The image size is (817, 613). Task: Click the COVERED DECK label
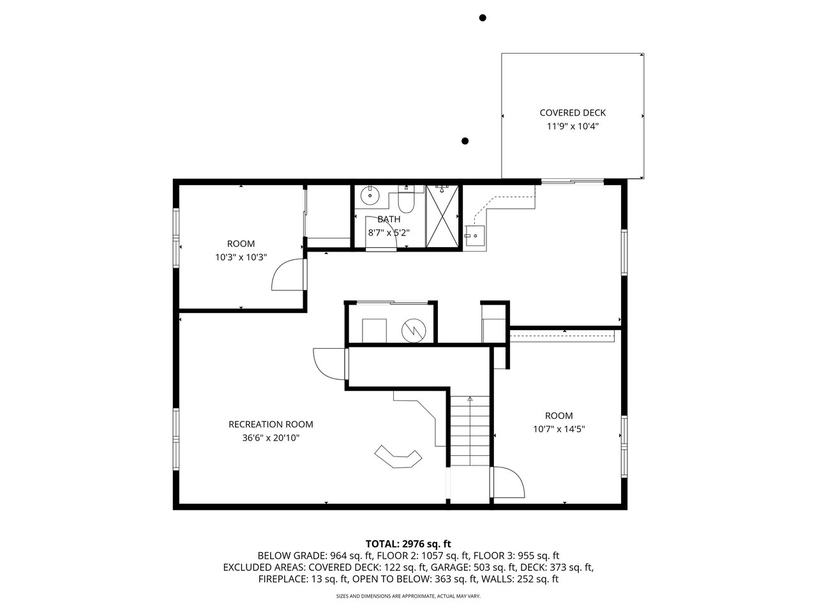click(573, 113)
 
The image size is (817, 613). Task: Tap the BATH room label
click(389, 219)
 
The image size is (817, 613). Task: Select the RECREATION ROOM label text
click(271, 424)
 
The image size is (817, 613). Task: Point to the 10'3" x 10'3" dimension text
click(241, 257)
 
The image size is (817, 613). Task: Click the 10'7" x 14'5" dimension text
click(558, 429)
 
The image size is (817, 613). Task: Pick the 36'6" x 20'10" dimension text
click(271, 437)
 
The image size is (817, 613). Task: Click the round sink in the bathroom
click(370, 195)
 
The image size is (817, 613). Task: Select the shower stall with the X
click(442, 216)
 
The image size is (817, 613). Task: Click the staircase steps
click(470, 431)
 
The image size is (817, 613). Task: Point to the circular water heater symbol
click(414, 331)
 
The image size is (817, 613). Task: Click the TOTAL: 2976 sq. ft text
click(408, 544)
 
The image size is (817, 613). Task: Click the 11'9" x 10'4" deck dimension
click(573, 126)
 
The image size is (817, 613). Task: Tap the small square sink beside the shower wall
click(476, 236)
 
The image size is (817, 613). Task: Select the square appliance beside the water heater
click(374, 331)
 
